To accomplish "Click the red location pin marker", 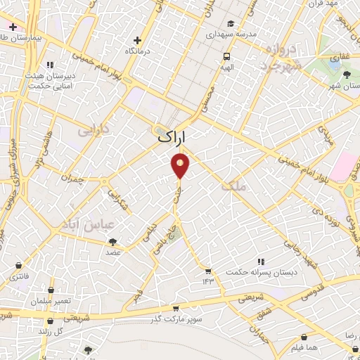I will coord(181,166).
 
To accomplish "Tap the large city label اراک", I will coord(173,139).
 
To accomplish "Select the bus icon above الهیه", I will coord(226,57).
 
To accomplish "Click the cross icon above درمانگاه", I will coord(138,39).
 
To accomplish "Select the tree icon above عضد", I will coord(112,241).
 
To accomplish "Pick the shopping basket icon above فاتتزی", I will coord(18,265).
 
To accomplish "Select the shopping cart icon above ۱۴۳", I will coord(207,270).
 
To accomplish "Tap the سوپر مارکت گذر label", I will coord(177,319).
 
